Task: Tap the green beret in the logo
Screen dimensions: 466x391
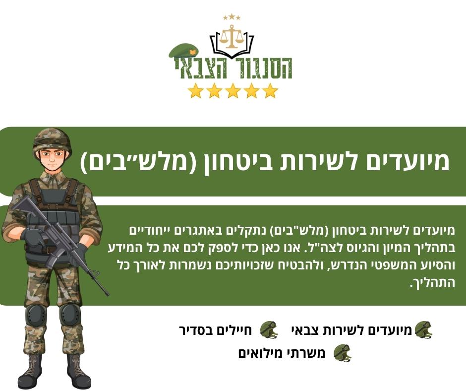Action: coord(183,51)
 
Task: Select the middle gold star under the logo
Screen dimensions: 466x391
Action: coord(233,91)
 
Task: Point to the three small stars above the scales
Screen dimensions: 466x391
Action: coord(232,17)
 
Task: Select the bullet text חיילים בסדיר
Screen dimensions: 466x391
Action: coord(216,330)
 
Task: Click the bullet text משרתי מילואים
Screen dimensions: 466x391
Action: coord(282,353)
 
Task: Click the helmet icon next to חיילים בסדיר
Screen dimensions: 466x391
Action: coord(269,329)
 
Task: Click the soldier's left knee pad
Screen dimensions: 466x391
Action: coord(70,314)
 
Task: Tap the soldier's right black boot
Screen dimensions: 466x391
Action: coord(30,371)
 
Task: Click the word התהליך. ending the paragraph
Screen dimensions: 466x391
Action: coord(433,282)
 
